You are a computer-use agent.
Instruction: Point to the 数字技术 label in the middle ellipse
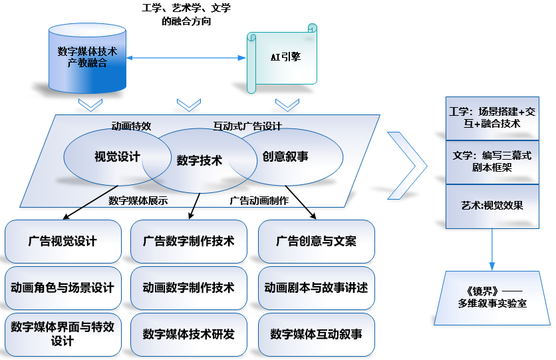199,160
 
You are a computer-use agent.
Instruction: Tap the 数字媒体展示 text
138,200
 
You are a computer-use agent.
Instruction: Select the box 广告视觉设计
63,241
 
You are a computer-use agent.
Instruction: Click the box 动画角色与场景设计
63,287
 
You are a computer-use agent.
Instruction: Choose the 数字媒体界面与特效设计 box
63,333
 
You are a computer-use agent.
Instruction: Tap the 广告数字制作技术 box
189,241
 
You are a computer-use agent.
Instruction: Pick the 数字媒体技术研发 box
189,333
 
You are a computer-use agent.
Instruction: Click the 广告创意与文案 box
316,241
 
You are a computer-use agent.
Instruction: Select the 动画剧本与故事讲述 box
316,287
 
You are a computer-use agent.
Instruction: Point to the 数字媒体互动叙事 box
316,333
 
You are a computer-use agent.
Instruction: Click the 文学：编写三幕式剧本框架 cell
491,162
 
